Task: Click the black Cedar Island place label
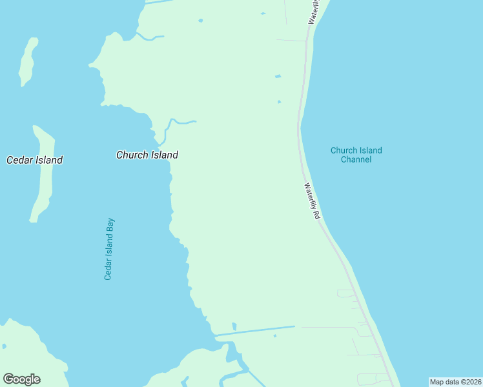(x=34, y=160)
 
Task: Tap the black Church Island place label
(x=147, y=155)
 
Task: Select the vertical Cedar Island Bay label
(x=109, y=249)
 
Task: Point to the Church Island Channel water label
(x=356, y=155)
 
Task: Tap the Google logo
(x=21, y=379)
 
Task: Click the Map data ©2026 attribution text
(x=455, y=382)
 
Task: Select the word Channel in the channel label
(x=356, y=159)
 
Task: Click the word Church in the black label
(x=131, y=155)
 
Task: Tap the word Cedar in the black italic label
(x=19, y=160)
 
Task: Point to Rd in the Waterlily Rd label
(x=316, y=214)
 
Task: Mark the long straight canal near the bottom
(x=254, y=330)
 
